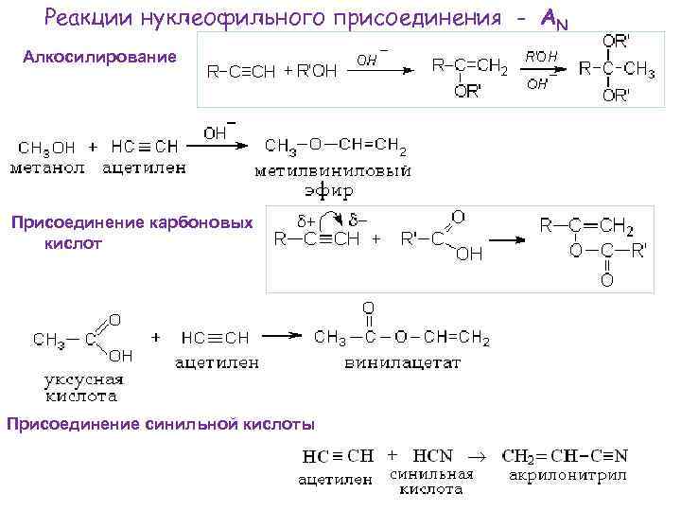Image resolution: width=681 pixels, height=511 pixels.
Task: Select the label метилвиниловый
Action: [x=332, y=171]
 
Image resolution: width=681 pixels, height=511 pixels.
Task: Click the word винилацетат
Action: [x=402, y=362]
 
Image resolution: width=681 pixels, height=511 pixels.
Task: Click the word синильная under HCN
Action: [x=430, y=473]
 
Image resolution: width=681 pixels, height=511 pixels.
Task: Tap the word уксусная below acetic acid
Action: [x=84, y=380]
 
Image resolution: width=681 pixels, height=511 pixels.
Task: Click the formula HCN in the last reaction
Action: [x=437, y=455]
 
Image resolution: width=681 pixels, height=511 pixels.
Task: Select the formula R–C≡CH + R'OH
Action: [x=271, y=73]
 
